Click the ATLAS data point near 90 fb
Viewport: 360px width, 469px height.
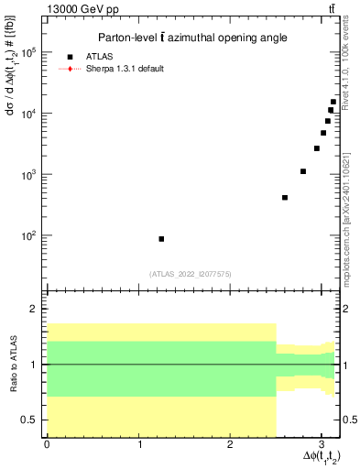tap(161, 239)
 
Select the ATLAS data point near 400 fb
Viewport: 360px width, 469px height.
tap(285, 197)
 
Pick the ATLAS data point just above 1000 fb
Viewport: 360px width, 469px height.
tap(303, 171)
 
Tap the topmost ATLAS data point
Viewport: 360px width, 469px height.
tap(333, 103)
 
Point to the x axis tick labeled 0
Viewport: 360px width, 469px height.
tap(47, 444)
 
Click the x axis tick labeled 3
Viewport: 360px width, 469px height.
tap(322, 444)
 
